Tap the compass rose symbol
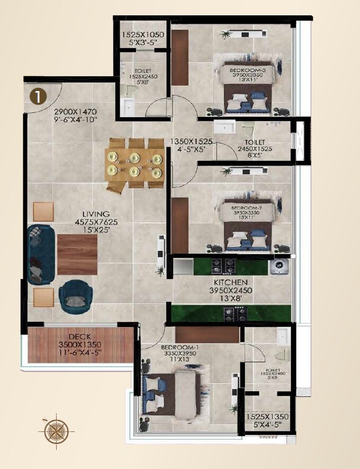(55, 430)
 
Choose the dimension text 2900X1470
(75, 112)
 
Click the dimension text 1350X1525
(191, 142)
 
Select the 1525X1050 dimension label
(143, 35)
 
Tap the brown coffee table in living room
(77, 254)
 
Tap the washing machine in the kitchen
(280, 266)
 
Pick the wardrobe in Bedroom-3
(180, 57)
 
